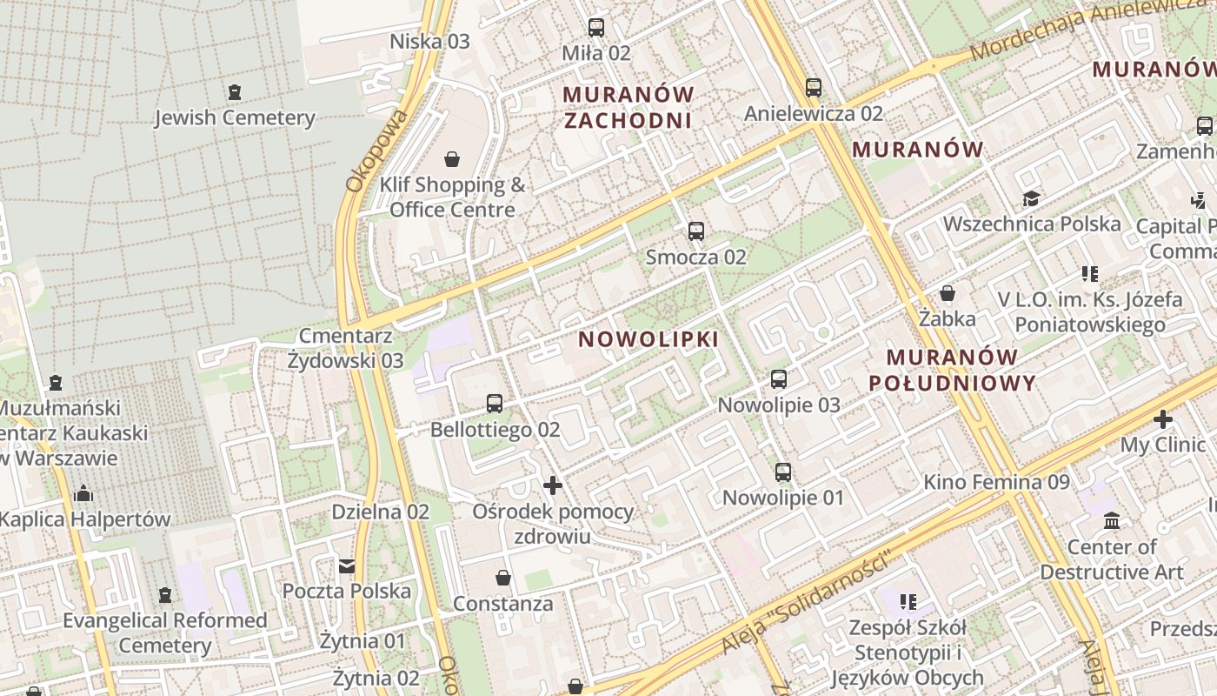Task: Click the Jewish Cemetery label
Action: tap(235, 117)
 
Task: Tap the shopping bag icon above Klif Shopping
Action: tap(452, 159)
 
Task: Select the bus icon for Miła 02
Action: tap(595, 28)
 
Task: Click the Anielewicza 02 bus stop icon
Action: tap(813, 88)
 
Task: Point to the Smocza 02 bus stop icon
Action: tap(695, 231)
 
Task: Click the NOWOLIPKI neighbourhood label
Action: tap(648, 339)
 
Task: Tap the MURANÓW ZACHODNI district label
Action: tap(628, 107)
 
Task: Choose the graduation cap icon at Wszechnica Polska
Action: tap(1031, 199)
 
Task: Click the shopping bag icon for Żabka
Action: tap(948, 294)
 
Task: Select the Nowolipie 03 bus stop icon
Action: tap(778, 379)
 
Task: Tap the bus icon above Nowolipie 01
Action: tap(782, 472)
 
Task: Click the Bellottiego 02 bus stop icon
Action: tap(495, 404)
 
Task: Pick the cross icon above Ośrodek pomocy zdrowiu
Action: tap(552, 485)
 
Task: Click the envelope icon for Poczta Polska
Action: tap(347, 566)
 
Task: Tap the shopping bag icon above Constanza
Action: tap(502, 578)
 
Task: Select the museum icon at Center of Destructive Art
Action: tap(1111, 521)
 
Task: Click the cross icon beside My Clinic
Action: tap(1162, 420)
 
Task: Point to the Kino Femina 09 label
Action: tap(996, 482)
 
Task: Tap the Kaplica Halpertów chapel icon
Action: tap(83, 494)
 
